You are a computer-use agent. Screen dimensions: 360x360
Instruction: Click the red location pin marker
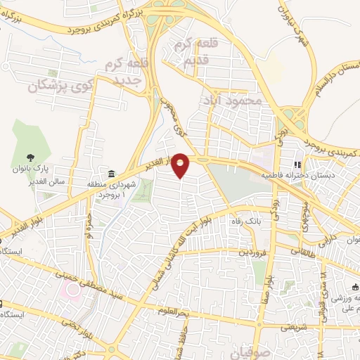[181, 165]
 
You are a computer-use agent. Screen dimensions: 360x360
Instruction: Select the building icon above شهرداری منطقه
[110, 174]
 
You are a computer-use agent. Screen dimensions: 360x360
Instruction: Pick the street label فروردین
[253, 251]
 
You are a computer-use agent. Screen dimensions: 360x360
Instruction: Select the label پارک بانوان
[30, 169]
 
